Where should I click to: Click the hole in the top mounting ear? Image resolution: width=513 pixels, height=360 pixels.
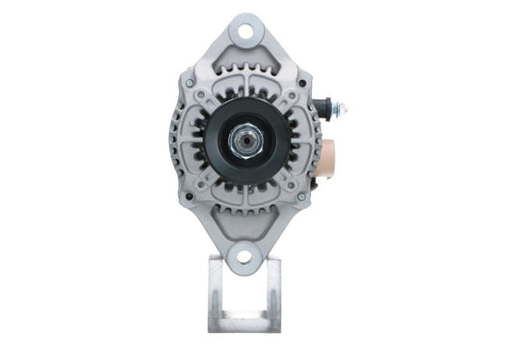[247, 31]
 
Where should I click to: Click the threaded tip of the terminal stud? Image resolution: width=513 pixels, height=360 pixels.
[344, 107]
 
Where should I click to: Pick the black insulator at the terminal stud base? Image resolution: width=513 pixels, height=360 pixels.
[325, 105]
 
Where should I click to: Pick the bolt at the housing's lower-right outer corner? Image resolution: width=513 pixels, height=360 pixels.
[301, 196]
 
